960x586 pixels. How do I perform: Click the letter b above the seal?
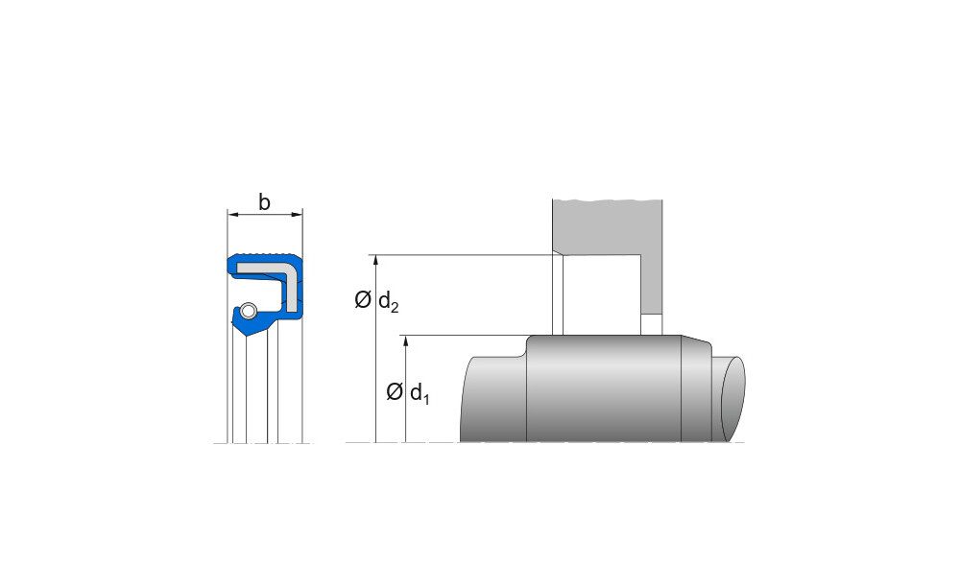pos(264,201)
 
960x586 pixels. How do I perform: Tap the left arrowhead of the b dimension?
pos(232,214)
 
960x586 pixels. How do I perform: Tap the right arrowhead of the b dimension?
pos(298,214)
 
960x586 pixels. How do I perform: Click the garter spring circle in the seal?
pos(248,311)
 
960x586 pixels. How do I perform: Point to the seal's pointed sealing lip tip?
pos(246,336)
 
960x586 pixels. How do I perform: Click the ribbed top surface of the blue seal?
pos(266,254)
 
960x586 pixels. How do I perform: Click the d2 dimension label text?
pos(388,301)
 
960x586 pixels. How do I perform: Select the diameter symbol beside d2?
pos(363,300)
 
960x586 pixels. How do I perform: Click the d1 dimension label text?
pos(420,393)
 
